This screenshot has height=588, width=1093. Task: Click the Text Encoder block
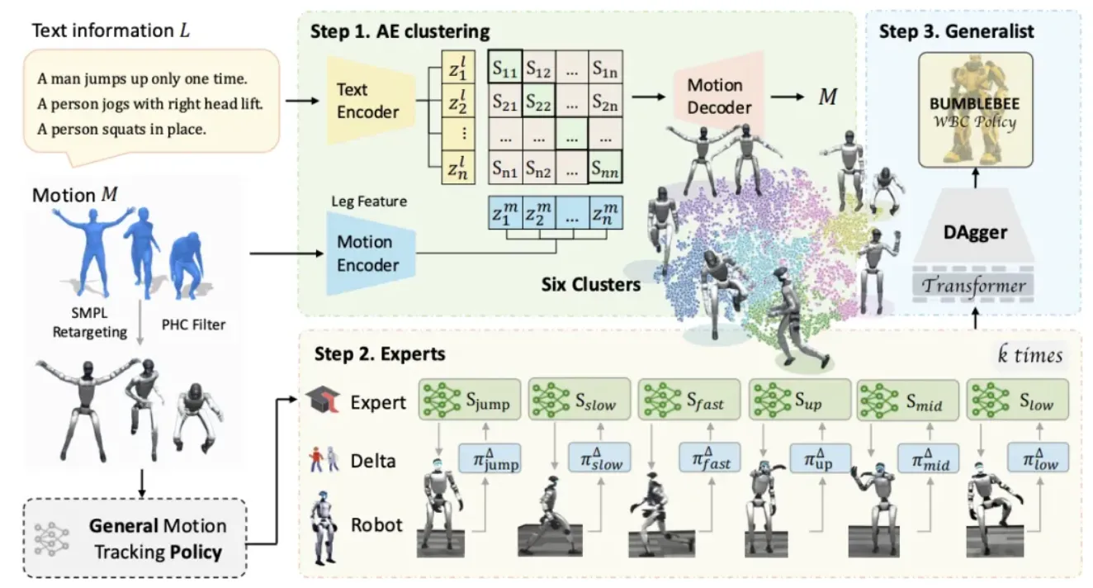pos(367,100)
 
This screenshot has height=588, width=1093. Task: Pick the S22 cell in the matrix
pos(538,102)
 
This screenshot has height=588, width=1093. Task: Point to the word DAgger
pos(975,232)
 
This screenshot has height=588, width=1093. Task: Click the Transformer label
pos(975,286)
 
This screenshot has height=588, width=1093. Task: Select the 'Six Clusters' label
pos(590,285)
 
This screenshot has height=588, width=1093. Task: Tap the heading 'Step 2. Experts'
pos(380,354)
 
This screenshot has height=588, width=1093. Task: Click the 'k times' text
pos(1029,356)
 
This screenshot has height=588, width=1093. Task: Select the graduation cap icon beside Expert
pos(320,401)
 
